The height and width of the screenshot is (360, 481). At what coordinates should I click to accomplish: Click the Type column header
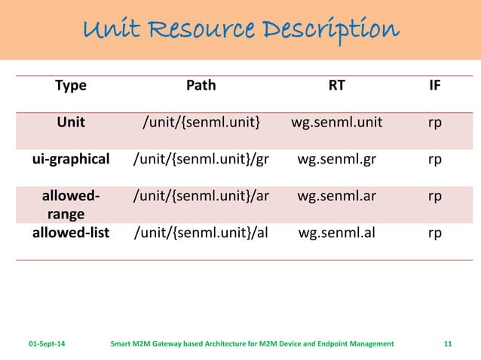tap(71, 85)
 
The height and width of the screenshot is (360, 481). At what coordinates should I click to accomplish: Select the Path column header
tap(201, 85)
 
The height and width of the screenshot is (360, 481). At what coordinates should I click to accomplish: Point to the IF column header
tap(435, 85)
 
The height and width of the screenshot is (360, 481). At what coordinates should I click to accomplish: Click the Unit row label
tap(71, 122)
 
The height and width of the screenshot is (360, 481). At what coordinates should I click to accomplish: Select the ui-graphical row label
tap(71, 159)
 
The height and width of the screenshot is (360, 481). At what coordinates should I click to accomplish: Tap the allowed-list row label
tap(71, 232)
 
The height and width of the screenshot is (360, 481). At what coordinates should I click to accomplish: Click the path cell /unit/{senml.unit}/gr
tap(201, 159)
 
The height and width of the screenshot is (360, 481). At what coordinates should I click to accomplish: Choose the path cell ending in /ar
tap(201, 196)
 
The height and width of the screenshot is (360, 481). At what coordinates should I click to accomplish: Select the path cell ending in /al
tap(201, 232)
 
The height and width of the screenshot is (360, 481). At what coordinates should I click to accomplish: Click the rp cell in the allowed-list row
tap(435, 232)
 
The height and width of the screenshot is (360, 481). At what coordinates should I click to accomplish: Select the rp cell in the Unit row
tap(435, 122)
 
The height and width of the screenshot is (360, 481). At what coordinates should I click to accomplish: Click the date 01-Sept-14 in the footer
tap(47, 343)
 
